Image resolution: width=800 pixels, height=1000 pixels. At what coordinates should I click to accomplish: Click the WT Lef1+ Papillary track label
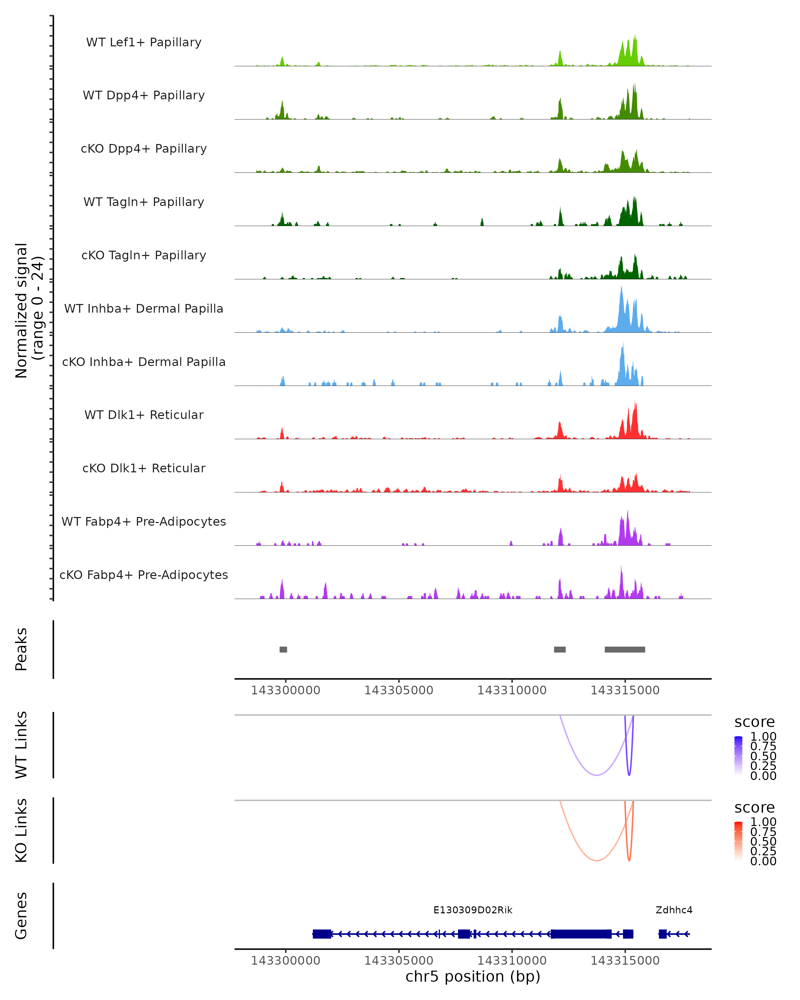pyautogui.click(x=144, y=42)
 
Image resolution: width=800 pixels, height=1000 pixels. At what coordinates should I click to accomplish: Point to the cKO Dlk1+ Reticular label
pyautogui.click(x=144, y=468)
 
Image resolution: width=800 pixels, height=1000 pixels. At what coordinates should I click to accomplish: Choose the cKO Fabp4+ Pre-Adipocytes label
pyautogui.click(x=144, y=575)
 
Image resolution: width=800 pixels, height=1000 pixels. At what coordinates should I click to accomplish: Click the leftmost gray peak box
pyautogui.click(x=283, y=649)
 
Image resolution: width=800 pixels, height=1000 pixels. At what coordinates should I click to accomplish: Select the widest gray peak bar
pyautogui.click(x=625, y=649)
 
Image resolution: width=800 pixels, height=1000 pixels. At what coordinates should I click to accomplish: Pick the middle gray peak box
pyautogui.click(x=560, y=649)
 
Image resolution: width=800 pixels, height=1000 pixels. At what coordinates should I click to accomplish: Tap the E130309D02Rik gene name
pyautogui.click(x=473, y=910)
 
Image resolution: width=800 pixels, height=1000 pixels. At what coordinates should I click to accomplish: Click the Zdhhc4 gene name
pyautogui.click(x=674, y=910)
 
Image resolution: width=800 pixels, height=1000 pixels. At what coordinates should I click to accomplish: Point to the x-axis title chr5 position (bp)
pyautogui.click(x=473, y=976)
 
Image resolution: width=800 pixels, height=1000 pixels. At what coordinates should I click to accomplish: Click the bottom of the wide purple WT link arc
pyautogui.click(x=597, y=775)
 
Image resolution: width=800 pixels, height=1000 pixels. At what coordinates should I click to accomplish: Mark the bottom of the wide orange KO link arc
pyautogui.click(x=597, y=861)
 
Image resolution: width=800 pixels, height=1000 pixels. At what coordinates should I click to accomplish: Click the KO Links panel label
pyautogui.click(x=21, y=830)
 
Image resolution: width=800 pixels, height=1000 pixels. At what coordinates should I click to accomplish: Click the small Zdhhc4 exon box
pyautogui.click(x=663, y=934)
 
